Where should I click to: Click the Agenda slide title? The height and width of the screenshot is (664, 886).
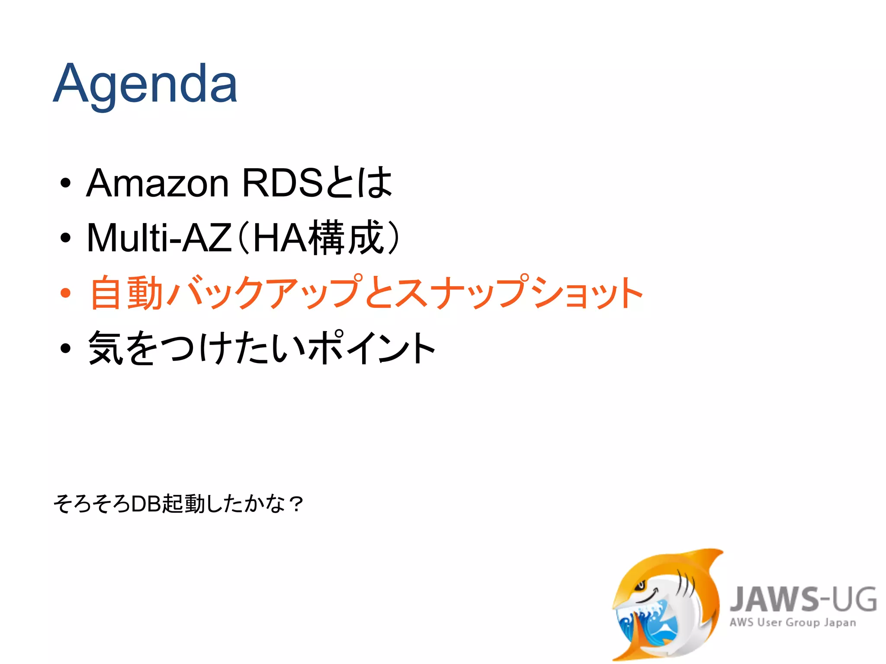click(145, 83)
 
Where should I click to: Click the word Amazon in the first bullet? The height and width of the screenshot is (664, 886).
click(157, 183)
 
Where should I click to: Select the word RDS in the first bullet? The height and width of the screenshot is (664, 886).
click(282, 182)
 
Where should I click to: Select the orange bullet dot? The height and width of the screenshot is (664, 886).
click(65, 294)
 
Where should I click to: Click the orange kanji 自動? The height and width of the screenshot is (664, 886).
click(126, 293)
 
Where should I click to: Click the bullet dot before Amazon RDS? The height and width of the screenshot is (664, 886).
click(65, 183)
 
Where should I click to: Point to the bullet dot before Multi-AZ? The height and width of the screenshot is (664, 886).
click(65, 238)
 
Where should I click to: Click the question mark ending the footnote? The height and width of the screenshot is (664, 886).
click(297, 504)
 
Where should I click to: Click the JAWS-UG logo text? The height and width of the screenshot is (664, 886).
click(803, 599)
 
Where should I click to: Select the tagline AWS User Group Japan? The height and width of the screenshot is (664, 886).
click(793, 622)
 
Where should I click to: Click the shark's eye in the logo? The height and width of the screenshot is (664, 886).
click(640, 586)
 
